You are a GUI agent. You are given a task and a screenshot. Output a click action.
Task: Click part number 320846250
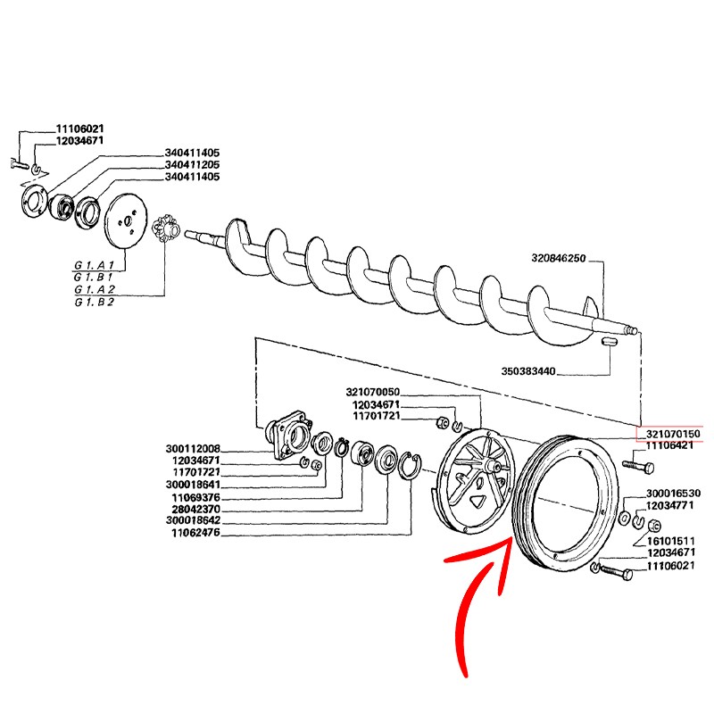pos(558,258)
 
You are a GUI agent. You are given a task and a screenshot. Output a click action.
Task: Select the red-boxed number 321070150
pos(669,434)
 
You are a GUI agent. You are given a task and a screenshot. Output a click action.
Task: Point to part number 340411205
pos(192,165)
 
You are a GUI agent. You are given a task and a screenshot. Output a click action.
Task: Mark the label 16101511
pos(669,541)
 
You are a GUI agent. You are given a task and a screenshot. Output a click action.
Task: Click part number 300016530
pos(673,493)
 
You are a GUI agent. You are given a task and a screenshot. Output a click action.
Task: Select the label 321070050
pos(372,393)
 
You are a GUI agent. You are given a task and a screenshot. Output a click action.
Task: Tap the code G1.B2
pos(94,302)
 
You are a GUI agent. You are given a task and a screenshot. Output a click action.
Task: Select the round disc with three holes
pos(126,224)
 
